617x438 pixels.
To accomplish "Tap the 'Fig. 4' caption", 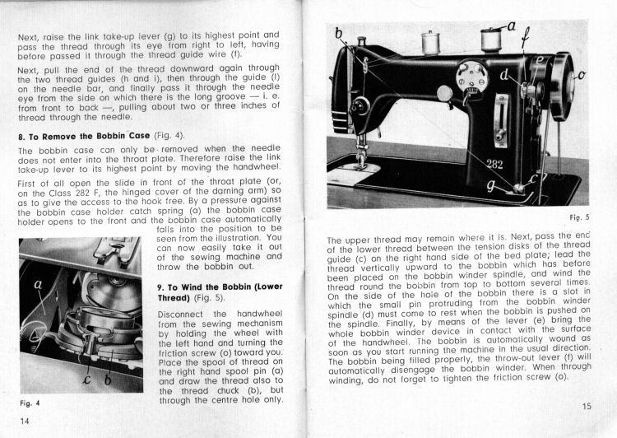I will point(30,403).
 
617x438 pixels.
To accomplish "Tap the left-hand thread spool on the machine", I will point(429,43).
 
